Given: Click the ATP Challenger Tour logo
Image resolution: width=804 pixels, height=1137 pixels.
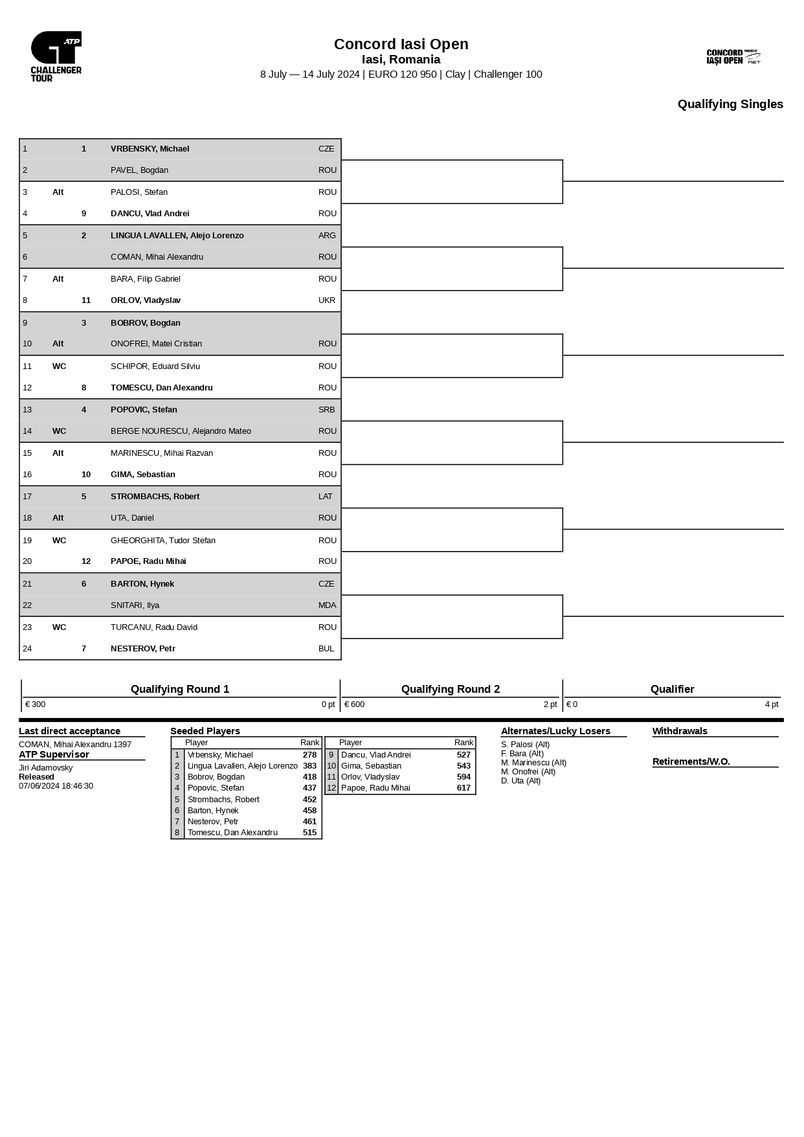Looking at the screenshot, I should pos(56,56).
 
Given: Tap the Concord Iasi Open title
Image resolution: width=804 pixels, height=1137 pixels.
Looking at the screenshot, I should pos(401,44).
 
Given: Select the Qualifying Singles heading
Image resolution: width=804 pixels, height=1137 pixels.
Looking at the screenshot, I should pos(730,104).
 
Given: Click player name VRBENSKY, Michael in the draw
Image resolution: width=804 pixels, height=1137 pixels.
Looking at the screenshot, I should pos(150,149).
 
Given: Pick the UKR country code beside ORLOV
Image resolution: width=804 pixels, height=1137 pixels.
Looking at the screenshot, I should pos(326,300).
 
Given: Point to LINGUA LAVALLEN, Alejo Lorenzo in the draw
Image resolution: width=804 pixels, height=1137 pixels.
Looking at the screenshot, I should pos(177,236).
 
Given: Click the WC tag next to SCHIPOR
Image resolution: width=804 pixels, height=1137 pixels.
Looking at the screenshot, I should pos(59,366).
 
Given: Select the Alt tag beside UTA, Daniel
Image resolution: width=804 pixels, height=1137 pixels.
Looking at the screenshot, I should pos(58,518).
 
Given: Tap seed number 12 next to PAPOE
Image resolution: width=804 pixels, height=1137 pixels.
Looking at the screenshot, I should pos(86,561).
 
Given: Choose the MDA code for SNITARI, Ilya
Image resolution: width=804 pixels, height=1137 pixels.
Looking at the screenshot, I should pos(327,605).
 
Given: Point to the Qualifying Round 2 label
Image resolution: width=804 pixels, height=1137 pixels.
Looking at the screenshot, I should pos(450,689).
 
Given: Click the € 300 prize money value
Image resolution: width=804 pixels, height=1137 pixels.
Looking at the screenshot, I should pos(35,704).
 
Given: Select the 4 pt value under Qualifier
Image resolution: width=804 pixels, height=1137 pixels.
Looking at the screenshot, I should pos(771,704).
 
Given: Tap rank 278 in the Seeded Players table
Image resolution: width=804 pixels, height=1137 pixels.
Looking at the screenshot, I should pos(309,755).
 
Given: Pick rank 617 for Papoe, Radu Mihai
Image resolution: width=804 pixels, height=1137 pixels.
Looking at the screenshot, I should pos(463,788).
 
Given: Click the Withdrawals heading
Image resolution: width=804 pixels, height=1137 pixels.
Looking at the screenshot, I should pos(679,731).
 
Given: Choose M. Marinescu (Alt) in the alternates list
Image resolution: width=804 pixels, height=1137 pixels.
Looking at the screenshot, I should pos(533,763).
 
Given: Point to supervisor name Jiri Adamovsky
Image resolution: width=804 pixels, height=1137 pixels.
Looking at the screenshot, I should pos(45,768).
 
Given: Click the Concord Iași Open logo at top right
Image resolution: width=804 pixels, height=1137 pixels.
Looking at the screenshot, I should pos(733,57).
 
